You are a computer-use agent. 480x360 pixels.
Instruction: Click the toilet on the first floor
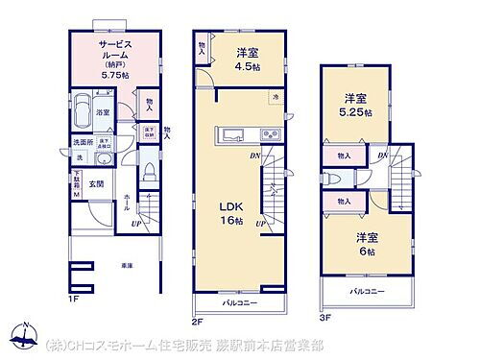[150, 174]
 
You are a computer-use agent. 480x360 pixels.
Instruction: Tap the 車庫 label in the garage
[126, 265]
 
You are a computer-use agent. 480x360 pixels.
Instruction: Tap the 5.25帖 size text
[356, 111]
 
